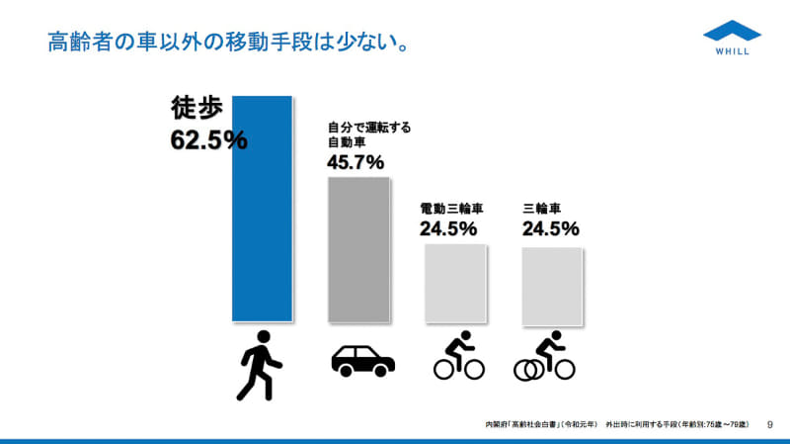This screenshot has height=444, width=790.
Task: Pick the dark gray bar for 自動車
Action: [x=358, y=249]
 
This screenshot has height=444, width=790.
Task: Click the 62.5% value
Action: [x=208, y=139]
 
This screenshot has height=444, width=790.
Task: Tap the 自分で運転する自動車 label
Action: [x=368, y=135]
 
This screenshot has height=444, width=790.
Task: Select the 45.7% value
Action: [x=355, y=162]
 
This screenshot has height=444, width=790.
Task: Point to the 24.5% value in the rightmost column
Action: [x=550, y=228]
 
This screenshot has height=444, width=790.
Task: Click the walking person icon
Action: [x=260, y=365]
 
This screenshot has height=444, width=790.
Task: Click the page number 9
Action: [x=769, y=423]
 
